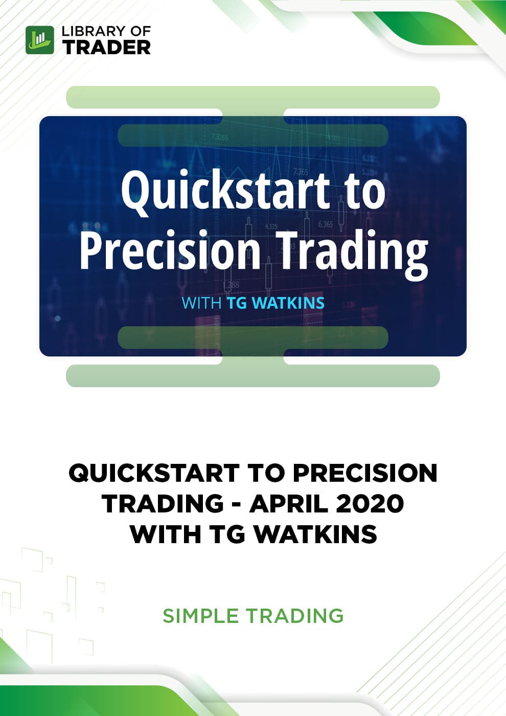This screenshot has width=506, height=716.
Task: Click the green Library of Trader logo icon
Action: pos(40,40)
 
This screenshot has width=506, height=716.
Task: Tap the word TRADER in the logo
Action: pos(106,47)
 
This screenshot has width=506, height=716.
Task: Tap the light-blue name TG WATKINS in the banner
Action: pos(275,303)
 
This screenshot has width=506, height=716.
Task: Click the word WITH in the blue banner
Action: pos(201,303)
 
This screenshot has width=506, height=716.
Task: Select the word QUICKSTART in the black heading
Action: pos(154,474)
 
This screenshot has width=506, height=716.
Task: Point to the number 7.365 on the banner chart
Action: pos(301,172)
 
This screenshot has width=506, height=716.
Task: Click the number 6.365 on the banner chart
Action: pos(325,225)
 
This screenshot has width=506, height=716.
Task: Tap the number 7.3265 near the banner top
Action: pos(219,138)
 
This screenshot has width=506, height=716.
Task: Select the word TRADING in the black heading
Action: pos(163,504)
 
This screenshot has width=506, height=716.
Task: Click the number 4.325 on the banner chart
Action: pos(271,227)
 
